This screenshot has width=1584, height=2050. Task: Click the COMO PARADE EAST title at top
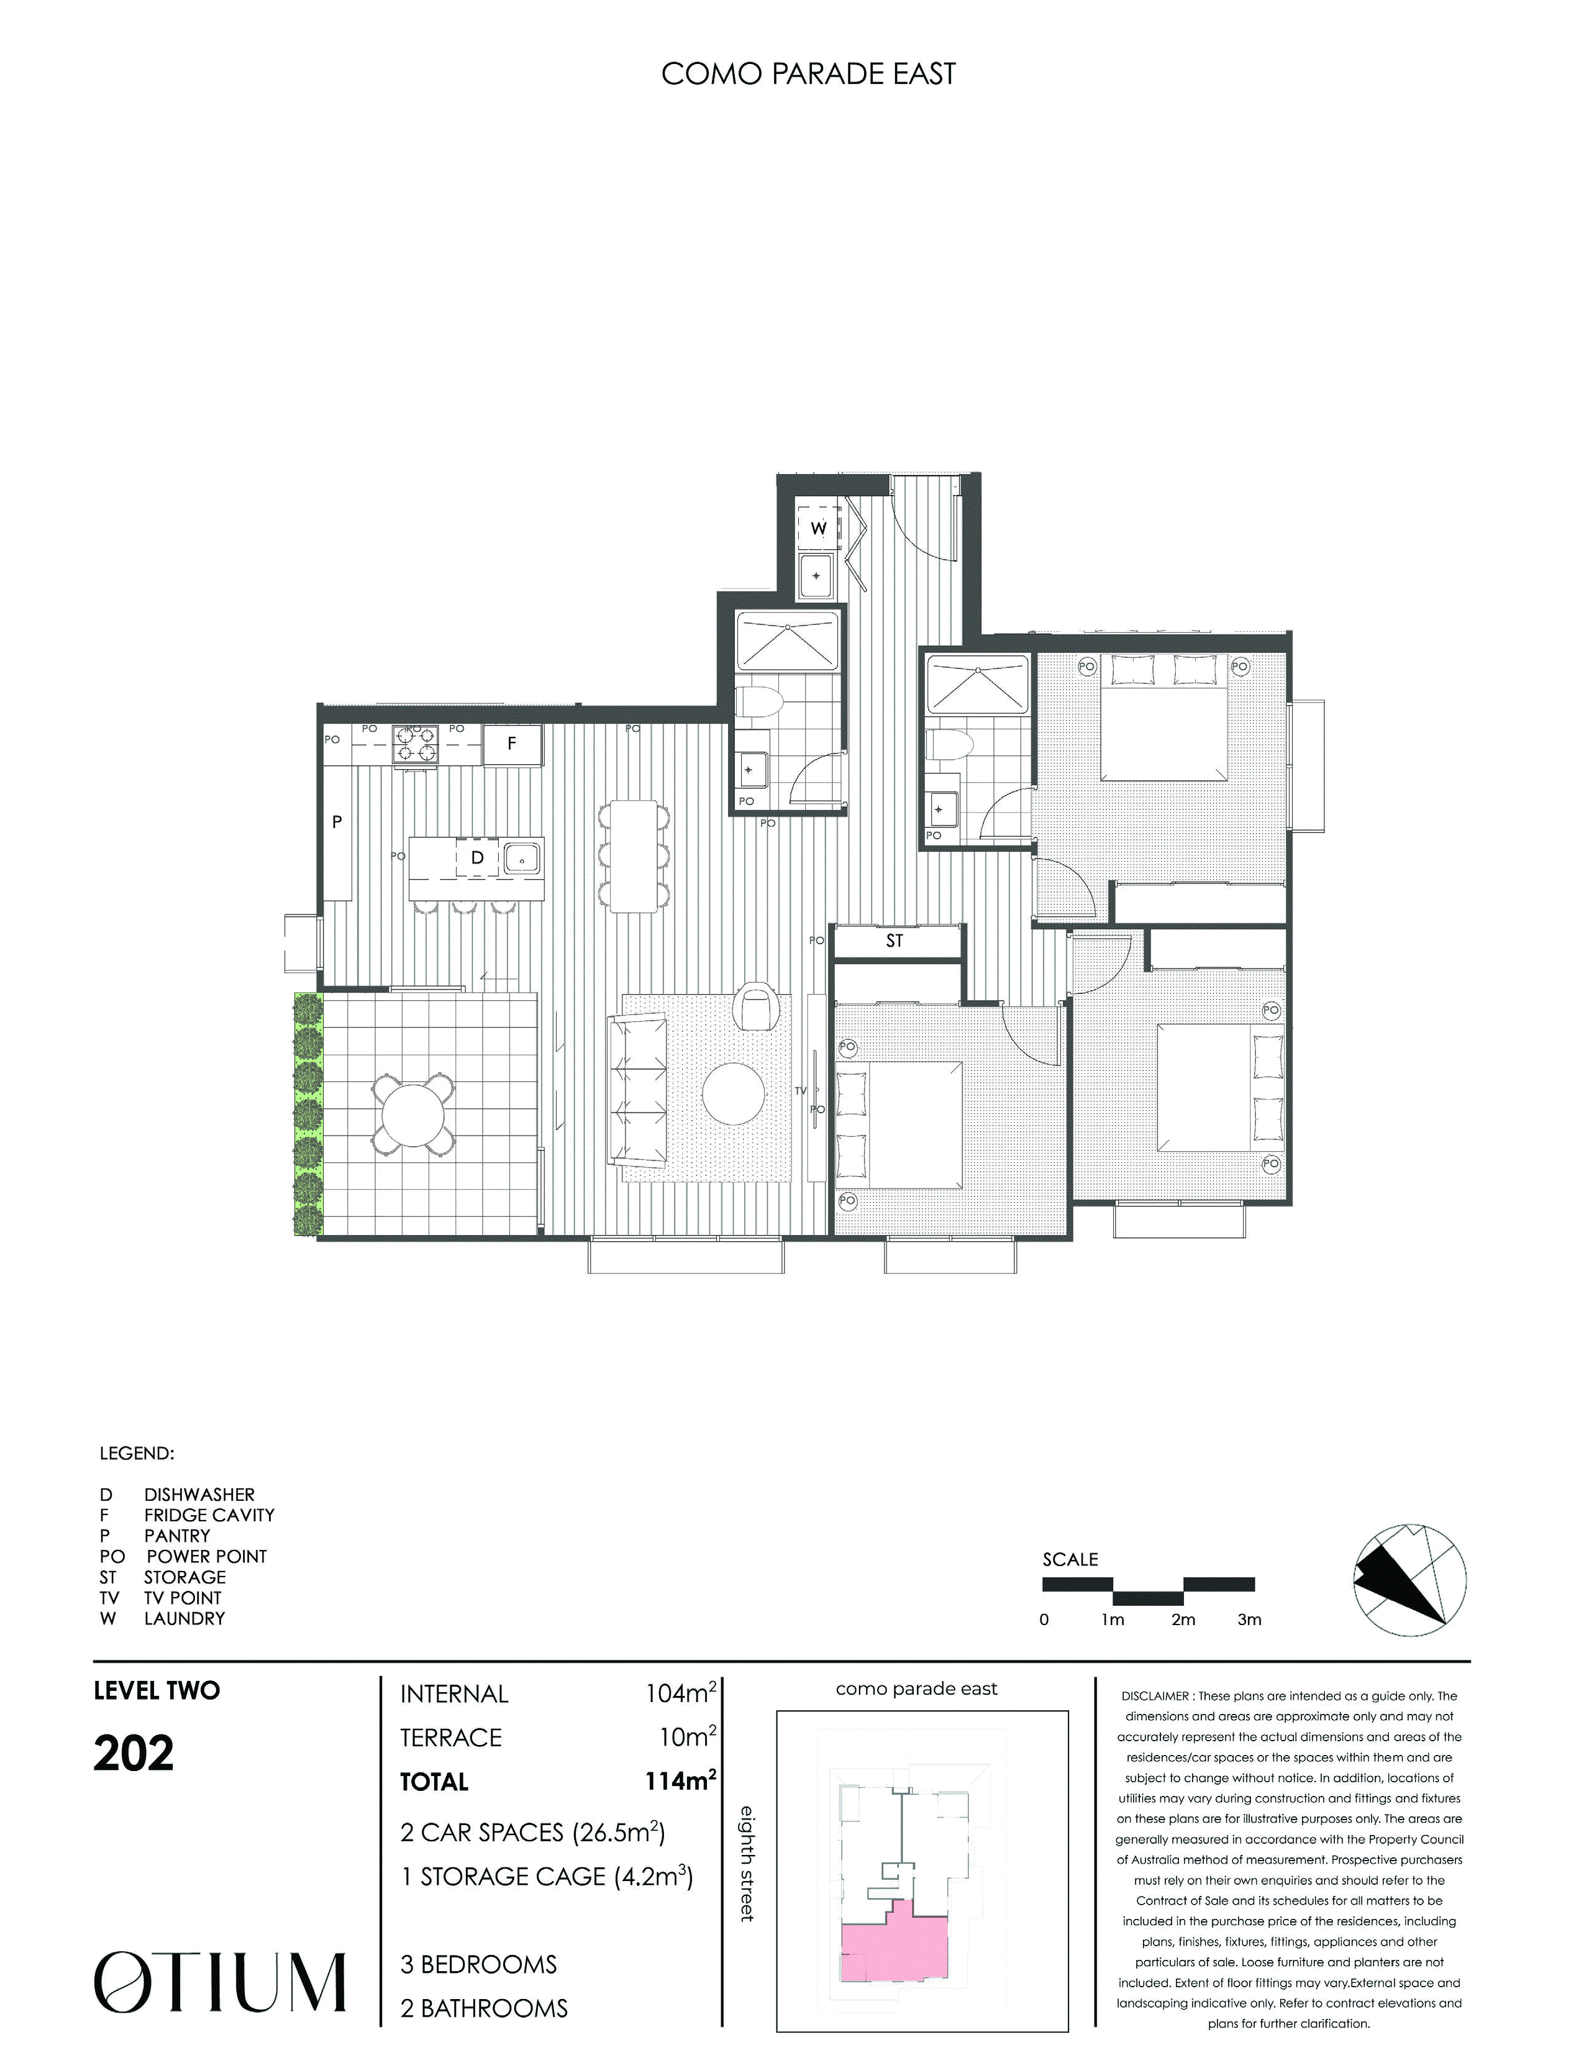click(x=808, y=74)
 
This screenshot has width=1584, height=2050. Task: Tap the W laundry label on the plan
click(x=818, y=529)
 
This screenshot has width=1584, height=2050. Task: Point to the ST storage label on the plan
click(x=894, y=941)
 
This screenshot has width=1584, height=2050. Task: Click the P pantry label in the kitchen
click(x=337, y=822)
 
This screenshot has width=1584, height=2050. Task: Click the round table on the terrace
click(x=413, y=1115)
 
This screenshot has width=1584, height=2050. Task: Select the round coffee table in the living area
click(x=733, y=1093)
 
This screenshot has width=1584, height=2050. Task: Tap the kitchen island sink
click(x=521, y=858)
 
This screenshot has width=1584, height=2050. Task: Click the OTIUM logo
click(x=221, y=1982)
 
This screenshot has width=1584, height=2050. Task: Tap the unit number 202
click(x=134, y=1754)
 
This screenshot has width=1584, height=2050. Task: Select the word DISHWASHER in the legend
click(x=199, y=1494)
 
